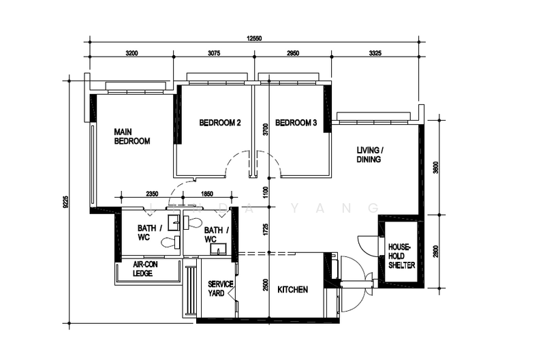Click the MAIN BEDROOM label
click(132, 136)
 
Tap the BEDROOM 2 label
click(220, 123)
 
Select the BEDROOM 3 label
click(296, 123)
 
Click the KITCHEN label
click(293, 290)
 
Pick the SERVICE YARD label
click(221, 288)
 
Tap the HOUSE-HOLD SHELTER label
click(401, 256)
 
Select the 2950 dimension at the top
click(294, 52)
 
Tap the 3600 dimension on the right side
click(435, 167)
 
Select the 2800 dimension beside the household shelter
click(435, 251)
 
